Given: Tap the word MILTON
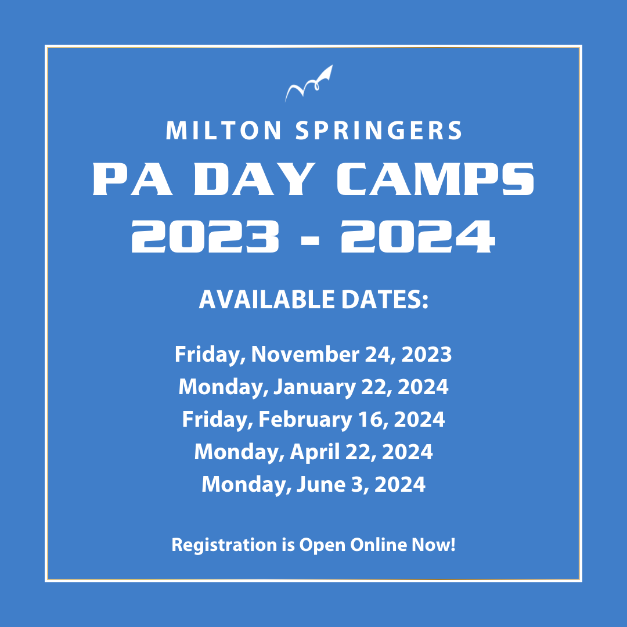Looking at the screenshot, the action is point(224,131).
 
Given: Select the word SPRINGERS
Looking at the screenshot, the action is point(379,131).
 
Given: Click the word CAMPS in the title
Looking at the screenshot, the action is point(435,179).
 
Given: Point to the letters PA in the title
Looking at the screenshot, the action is point(133,179).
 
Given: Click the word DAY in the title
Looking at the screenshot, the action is point(254,179).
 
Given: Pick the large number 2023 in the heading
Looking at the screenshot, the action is point(205,236).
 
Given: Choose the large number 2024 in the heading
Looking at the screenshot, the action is point(418,236).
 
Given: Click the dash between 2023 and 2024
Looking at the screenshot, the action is point(310,240).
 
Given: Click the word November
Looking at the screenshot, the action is point(305,354).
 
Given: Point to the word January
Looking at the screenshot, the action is point(315,387).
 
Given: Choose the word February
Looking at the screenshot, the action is point(305,420).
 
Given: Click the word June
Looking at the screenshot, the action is point(321,484).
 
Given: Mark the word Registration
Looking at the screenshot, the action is point(224,545).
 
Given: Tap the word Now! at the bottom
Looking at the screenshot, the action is point(434,545).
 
